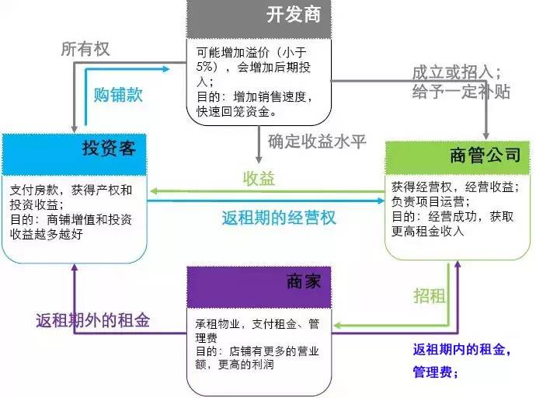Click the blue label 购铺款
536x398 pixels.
click(119, 96)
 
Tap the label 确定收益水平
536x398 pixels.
click(317, 141)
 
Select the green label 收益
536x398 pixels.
click(259, 179)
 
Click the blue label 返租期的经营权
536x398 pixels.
click(279, 217)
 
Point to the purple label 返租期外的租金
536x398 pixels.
click(93, 319)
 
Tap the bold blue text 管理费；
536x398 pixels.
click(436, 372)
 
